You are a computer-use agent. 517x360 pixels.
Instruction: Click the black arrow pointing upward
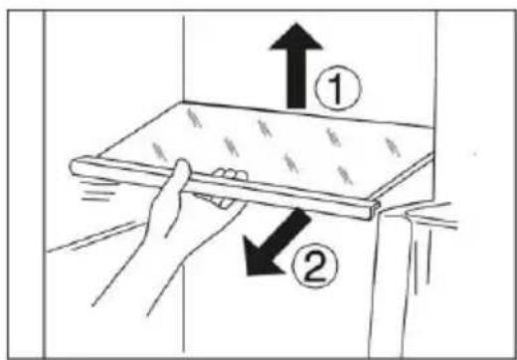coord(296,67)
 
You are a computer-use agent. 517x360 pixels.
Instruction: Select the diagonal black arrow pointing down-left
coord(276,243)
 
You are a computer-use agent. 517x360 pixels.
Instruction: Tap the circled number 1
coord(338,89)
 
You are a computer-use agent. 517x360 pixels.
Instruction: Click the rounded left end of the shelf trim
coord(76,168)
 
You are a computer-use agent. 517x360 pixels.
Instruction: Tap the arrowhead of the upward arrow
coord(296,37)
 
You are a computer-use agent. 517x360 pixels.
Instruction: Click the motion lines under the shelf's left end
coord(96,191)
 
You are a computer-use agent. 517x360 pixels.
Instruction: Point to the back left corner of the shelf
coord(183,102)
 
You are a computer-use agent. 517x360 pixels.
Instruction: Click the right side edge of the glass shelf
coord(405,176)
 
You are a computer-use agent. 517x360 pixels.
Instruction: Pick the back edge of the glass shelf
coord(308,114)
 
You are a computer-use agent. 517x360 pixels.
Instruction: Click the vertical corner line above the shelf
coord(184,58)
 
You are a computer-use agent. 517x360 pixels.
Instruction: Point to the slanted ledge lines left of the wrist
coord(96,237)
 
